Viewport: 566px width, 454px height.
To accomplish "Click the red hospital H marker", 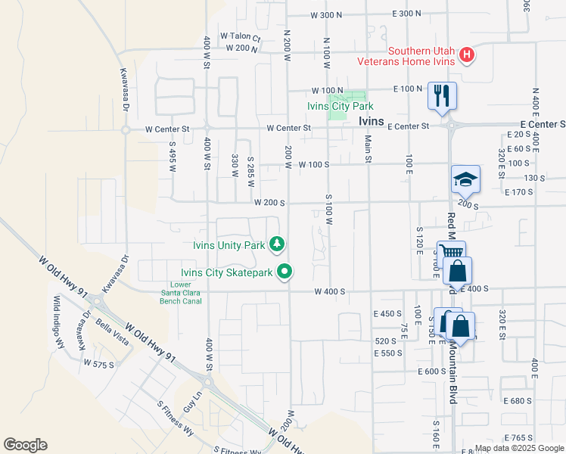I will [x=468, y=55].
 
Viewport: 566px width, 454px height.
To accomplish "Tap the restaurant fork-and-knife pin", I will [x=442, y=96].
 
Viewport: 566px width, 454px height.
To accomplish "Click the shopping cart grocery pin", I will [x=451, y=253].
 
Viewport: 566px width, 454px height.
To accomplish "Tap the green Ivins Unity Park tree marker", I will [x=278, y=244].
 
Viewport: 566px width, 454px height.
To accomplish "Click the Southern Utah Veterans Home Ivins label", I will [x=421, y=56].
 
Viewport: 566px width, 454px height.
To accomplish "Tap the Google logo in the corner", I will [x=25, y=445].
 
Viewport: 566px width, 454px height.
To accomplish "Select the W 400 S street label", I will [x=330, y=291].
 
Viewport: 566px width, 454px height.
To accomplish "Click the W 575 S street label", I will [x=99, y=364].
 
